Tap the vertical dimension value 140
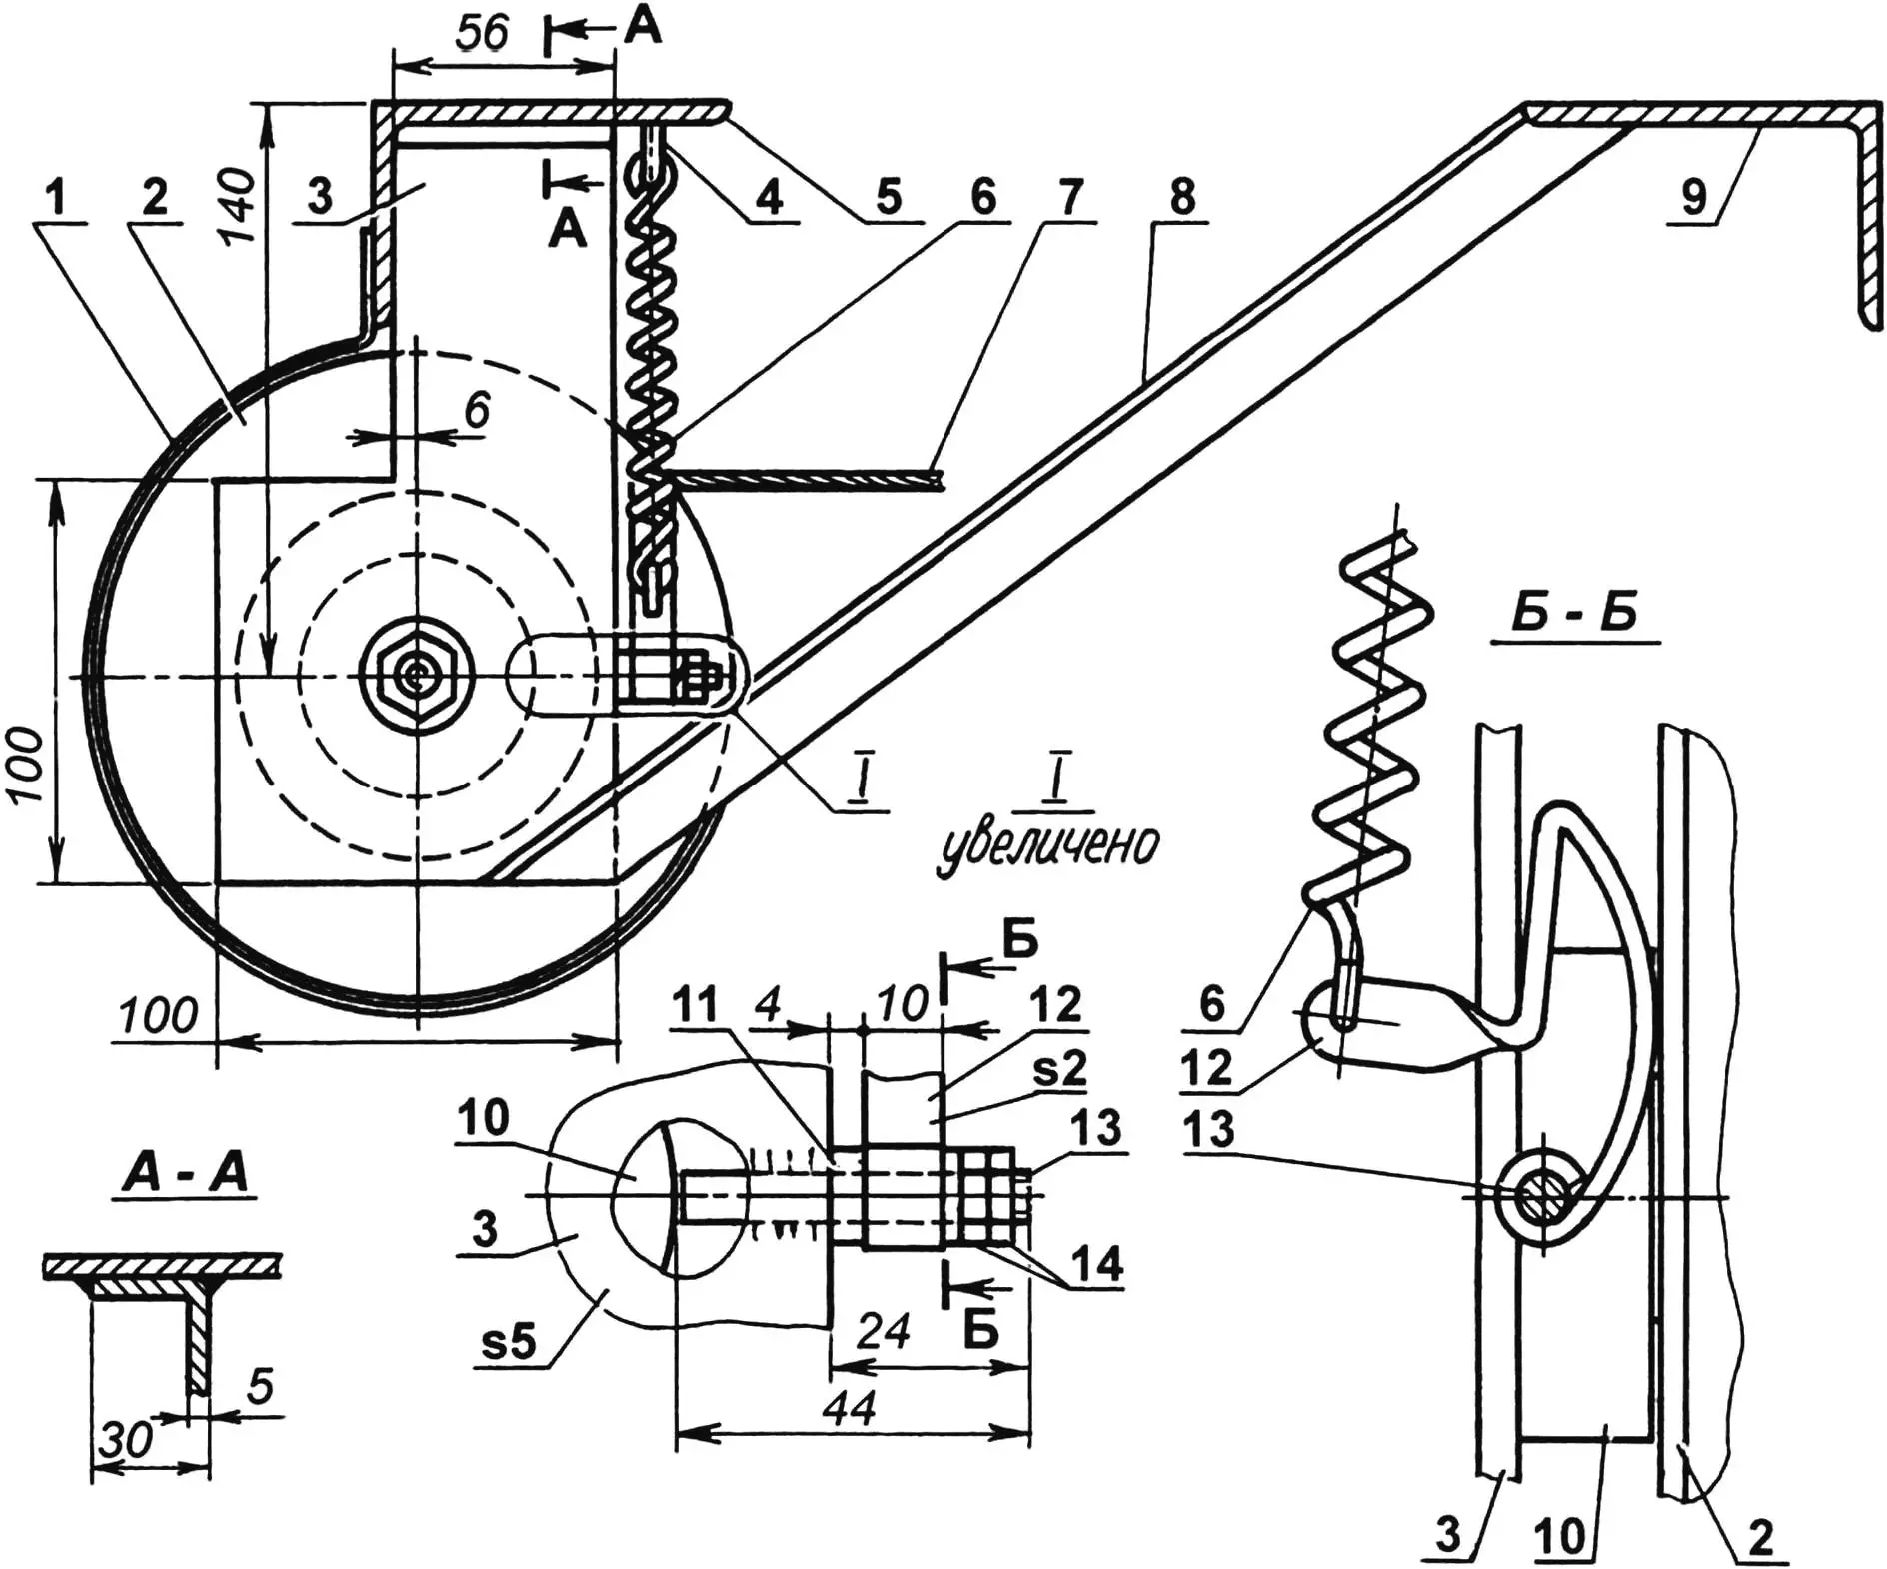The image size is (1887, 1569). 239,207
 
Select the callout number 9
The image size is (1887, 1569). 1693,196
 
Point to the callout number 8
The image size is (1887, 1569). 1182,196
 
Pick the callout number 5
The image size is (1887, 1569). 889,196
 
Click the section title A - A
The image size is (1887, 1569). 186,1174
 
